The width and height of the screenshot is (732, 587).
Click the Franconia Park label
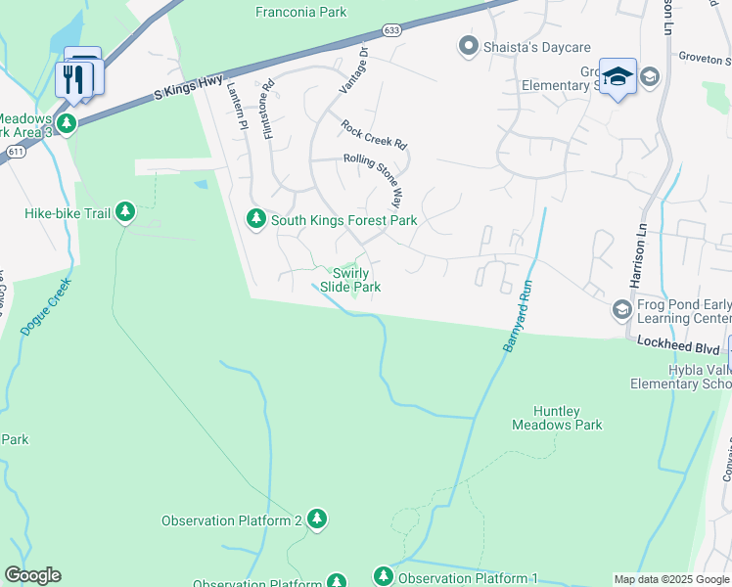pos(300,13)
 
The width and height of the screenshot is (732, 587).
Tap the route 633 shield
pos(391,30)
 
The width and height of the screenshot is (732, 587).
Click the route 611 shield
pos(15,153)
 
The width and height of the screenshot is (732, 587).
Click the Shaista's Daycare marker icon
pos(468,46)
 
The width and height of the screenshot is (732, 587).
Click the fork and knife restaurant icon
pos(73,77)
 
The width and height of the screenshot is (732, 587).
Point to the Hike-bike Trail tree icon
pos(124,212)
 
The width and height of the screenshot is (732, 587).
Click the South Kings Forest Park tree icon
pos(256,219)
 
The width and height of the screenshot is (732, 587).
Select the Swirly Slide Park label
pos(351,281)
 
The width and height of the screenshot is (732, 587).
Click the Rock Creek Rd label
pos(373,134)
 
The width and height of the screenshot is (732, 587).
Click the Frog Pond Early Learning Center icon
pos(620,310)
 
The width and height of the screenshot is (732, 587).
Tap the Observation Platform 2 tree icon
pos(316,519)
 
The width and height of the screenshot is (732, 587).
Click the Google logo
pos(32,575)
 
